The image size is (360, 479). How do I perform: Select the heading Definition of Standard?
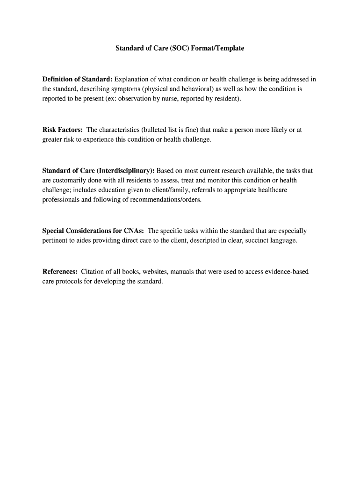77,79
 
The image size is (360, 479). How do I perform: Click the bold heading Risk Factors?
63,130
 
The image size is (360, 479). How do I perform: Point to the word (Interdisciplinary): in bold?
125,171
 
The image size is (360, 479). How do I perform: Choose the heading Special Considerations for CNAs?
93,231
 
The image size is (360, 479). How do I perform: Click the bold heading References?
60,272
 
